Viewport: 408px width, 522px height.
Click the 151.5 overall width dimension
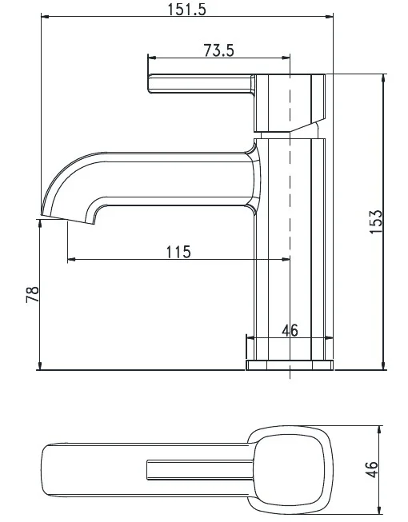(186, 10)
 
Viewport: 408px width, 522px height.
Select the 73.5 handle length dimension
(219, 50)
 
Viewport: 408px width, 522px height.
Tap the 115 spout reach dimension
(178, 252)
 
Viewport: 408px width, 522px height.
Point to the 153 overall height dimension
(376, 221)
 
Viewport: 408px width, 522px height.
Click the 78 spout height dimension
(32, 294)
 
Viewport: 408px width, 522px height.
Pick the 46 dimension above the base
(290, 331)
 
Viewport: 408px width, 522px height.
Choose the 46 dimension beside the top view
(372, 469)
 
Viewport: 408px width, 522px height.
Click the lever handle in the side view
(201, 84)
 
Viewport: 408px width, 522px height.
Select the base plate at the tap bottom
(290, 365)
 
